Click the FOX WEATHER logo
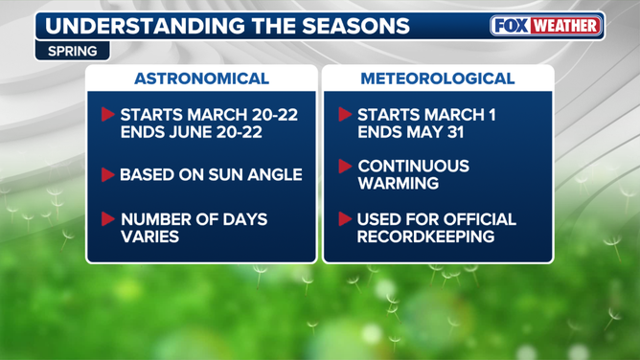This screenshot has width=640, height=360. tap(547, 26)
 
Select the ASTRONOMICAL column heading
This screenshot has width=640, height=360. tap(201, 79)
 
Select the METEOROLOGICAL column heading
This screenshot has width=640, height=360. tap(438, 79)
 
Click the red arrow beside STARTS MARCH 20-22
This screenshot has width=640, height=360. tap(107, 115)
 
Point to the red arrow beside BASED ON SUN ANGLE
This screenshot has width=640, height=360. tap(107, 175)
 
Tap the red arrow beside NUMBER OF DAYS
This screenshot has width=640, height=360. tap(107, 219)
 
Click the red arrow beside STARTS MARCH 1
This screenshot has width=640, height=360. tap(345, 115)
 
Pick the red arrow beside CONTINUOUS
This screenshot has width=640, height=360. tap(345, 167)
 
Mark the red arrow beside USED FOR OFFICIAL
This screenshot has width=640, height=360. tap(345, 219)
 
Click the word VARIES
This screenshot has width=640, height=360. tap(149, 236)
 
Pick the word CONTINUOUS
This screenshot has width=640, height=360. tap(413, 167)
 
